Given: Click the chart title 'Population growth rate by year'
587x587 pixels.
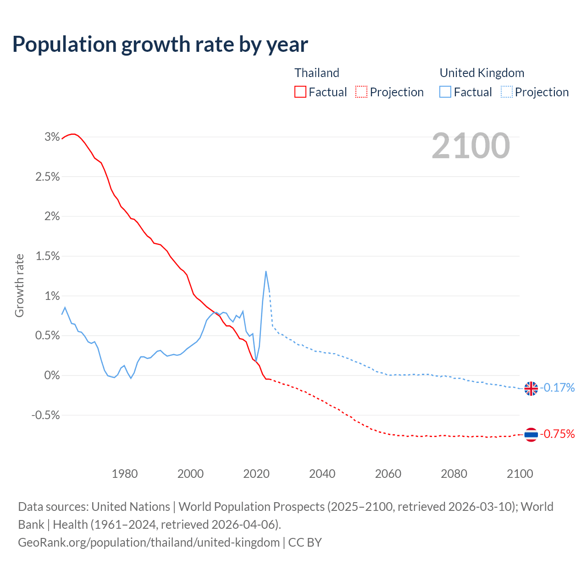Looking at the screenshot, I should pos(160,44).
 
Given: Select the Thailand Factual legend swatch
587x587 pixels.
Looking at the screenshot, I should pos(300,92).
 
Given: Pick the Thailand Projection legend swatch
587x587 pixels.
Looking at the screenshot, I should pos(361,92).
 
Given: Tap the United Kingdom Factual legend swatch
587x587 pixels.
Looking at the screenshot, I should pos(445,92).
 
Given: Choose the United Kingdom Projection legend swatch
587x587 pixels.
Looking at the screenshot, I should pos(507,92).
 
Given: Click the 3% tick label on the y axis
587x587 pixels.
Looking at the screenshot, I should pos(52,137).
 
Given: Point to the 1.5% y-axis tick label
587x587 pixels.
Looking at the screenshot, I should pos(48,256).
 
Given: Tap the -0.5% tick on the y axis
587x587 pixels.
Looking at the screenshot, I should pos(45,415).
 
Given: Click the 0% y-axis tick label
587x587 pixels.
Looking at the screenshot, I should pos(52,375).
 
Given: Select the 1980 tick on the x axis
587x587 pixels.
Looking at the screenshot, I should pos(125,474).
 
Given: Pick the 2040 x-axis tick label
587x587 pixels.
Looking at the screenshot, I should pos(322,474).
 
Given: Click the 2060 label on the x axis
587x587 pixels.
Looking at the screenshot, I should pos(388,474).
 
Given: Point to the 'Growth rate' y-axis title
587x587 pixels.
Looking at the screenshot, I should pos(19,285).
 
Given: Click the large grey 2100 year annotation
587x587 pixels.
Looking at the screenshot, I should pos(471,146).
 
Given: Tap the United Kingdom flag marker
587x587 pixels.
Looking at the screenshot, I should pos(531,388).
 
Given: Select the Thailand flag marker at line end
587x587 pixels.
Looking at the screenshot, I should pos(531,434).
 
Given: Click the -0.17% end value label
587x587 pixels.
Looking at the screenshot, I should pos(557,388).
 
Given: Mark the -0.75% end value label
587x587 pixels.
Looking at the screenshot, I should pos(557,434).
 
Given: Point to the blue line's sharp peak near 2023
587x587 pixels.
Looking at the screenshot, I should pos(266,271).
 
